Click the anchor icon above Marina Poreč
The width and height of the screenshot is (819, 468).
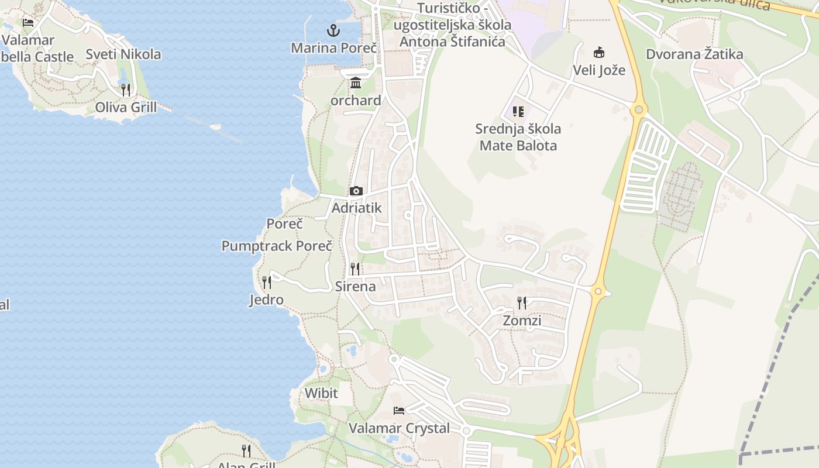tap(333, 30)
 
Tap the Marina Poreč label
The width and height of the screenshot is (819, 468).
tap(333, 47)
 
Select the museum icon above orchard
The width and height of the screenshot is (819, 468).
tap(356, 83)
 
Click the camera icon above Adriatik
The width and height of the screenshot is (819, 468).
tap(356, 191)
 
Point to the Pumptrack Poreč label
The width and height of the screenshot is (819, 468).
tap(277, 246)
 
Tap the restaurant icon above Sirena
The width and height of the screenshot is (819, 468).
tap(355, 269)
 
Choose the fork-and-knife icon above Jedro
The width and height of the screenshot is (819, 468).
tap(267, 283)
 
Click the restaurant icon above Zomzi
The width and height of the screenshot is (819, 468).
tap(522, 302)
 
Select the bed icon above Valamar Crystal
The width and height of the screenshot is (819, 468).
tap(399, 411)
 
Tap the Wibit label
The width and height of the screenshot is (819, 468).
tap(321, 393)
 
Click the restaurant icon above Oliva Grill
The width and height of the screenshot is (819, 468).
tap(126, 90)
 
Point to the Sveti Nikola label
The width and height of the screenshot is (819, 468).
tap(123, 54)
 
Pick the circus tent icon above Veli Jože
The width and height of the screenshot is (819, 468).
tap(598, 52)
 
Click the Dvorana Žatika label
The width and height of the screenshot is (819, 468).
tap(694, 54)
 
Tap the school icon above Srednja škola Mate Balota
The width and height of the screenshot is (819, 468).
tap(518, 111)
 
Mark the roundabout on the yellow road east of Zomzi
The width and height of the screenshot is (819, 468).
tap(597, 291)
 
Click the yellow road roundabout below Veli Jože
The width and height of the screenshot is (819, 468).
tap(638, 109)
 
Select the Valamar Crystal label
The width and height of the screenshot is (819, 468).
tap(400, 428)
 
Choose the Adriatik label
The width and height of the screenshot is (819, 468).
tap(356, 208)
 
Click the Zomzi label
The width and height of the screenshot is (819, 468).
tap(522, 321)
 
